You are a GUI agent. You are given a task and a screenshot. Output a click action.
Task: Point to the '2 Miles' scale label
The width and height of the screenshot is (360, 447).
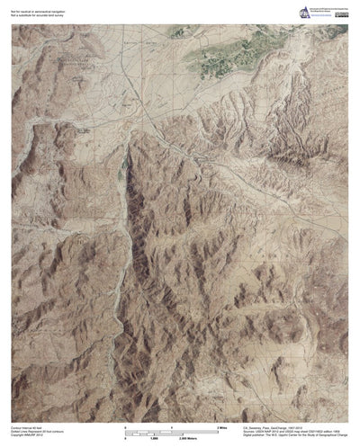pyautogui.click(x=222, y=426)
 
